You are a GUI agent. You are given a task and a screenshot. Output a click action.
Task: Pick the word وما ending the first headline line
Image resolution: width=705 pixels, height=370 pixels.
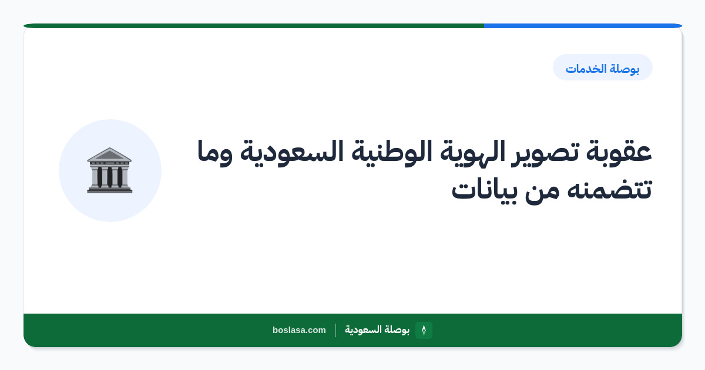215,153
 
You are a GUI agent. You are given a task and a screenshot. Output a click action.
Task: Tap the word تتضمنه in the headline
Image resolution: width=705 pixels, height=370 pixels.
609,190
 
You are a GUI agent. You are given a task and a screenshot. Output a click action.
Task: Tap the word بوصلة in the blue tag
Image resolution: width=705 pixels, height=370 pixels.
624,69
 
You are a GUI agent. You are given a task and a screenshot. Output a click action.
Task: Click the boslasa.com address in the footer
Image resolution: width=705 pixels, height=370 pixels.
299,330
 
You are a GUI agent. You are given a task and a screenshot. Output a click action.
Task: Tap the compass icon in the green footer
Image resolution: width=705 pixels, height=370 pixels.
424,330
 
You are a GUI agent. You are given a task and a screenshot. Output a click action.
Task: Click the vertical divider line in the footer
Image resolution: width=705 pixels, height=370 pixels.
335,330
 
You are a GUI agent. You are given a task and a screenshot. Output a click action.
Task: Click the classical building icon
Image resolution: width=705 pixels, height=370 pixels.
109,170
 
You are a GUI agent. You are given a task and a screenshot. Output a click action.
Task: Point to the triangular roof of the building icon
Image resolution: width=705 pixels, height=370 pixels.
109,154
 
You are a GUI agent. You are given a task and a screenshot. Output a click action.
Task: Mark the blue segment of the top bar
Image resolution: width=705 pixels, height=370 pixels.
583,26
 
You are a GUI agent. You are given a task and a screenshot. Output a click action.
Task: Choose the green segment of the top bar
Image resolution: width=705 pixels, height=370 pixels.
254,26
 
